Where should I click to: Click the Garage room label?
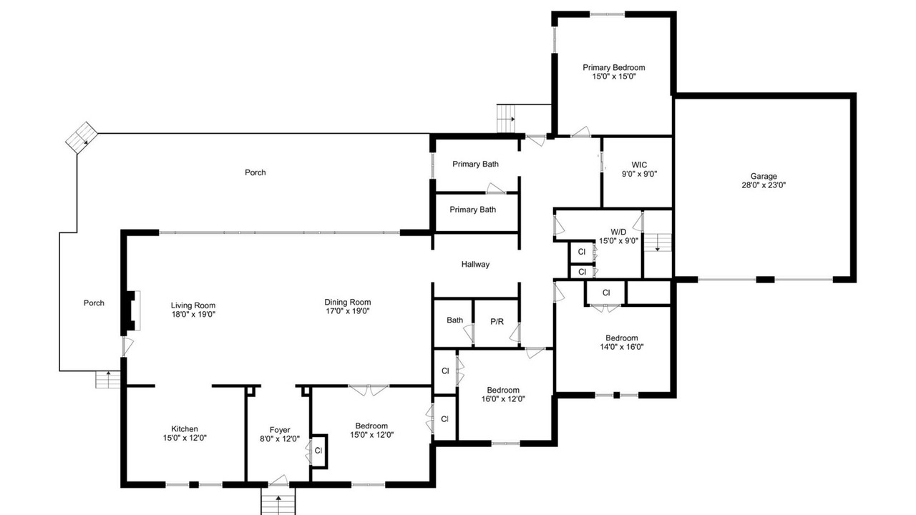click(764, 176)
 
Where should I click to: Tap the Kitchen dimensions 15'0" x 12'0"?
click(185, 438)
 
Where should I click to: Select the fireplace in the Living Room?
click(132, 310)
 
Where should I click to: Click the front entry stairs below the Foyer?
click(278, 501)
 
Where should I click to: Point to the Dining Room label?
click(348, 302)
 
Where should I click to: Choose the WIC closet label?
click(639, 165)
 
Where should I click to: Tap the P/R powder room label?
click(497, 322)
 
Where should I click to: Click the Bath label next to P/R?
click(454, 320)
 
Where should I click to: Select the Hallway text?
click(475, 265)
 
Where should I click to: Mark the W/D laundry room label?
click(618, 232)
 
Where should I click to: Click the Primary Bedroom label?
click(614, 67)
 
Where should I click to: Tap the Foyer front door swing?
click(279, 481)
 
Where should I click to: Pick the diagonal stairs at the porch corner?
click(82, 138)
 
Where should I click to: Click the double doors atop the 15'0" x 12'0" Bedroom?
click(369, 390)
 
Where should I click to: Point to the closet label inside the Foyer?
click(318, 451)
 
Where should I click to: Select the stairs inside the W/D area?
click(658, 242)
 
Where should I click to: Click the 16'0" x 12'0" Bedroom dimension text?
click(503, 399)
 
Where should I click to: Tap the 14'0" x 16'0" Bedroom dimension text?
click(622, 347)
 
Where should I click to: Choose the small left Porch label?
click(94, 303)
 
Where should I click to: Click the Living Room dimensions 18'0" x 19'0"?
click(193, 314)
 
